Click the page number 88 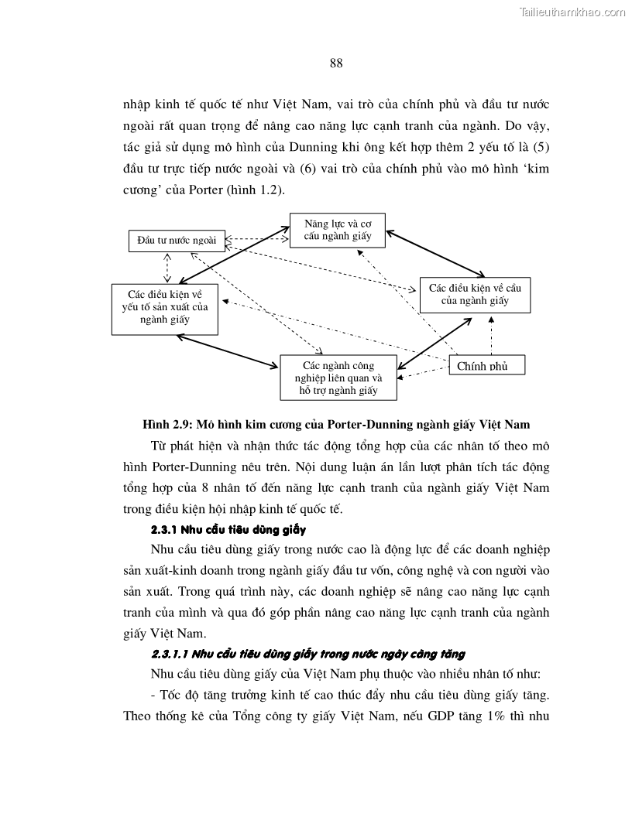tap(336, 63)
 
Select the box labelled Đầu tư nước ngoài tap(177, 241)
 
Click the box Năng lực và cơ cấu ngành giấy tap(337, 230)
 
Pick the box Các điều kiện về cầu tap(475, 294)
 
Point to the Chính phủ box tap(486, 365)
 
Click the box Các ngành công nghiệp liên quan tap(338, 378)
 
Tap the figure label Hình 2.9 tap(167, 424)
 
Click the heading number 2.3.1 tap(167, 530)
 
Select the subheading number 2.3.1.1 tap(173, 653)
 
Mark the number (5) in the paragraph tap(538, 147)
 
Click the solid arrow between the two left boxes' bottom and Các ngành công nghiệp tap(227, 350)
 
